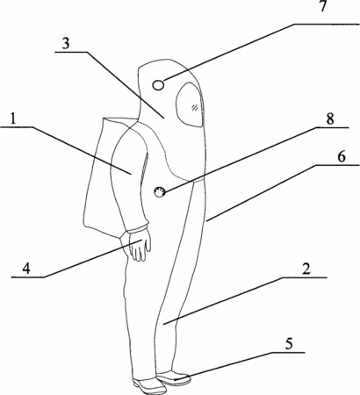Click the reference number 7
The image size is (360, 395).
coord(322,6)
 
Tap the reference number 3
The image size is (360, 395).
coord(66,43)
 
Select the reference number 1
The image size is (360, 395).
coord(12,118)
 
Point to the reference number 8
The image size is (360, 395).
coord(330,119)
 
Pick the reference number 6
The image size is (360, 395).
coord(342,157)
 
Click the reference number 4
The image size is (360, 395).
coord(26,269)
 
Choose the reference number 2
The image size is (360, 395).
coord(306,269)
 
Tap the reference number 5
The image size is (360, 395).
coord(289,344)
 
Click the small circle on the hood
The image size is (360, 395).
coord(158,85)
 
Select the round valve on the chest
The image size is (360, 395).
coord(160,192)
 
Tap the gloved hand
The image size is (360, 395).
coord(140,246)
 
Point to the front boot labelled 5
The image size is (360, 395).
coord(174,377)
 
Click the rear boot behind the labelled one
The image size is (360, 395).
coord(150,385)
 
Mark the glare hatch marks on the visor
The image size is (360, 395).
coord(194,107)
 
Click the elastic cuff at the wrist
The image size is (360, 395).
coord(137,227)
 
